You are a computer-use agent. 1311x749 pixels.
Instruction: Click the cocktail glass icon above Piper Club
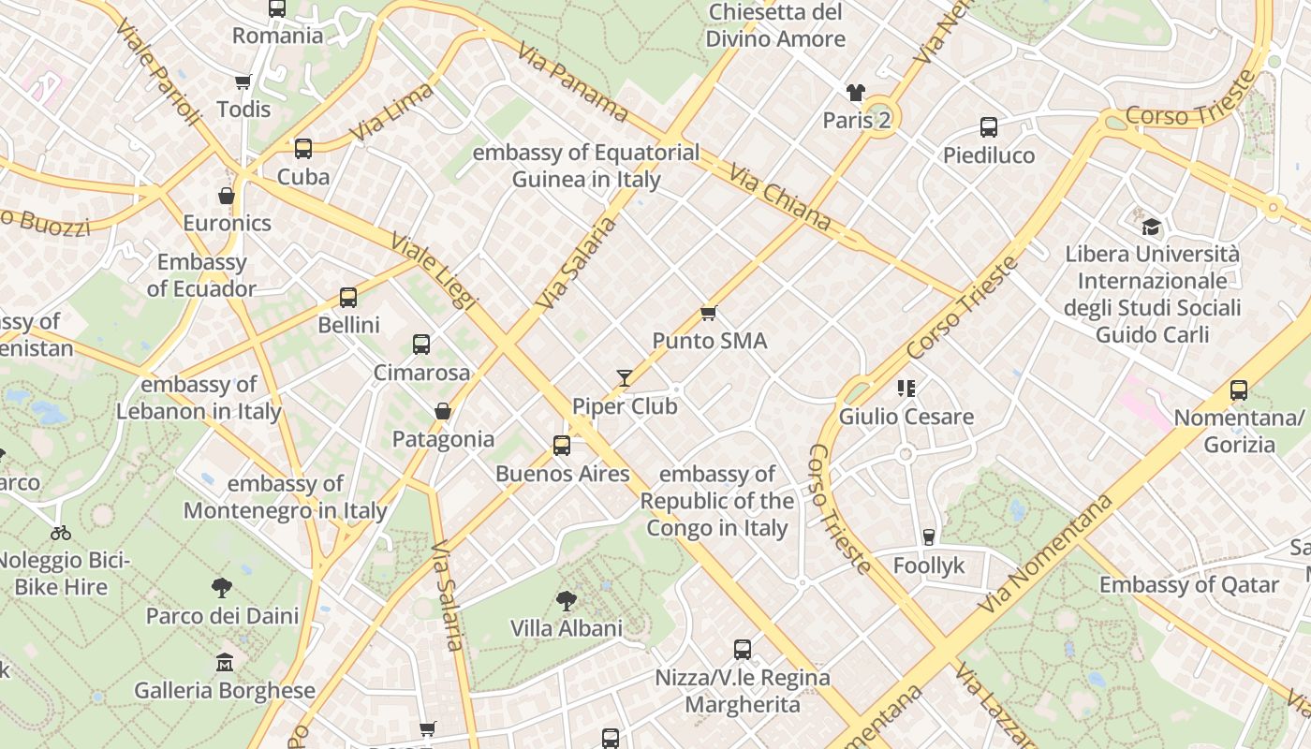tap(625, 378)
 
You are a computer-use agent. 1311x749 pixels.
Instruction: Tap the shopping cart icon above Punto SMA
tap(709, 313)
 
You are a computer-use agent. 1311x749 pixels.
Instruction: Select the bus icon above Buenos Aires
tap(562, 446)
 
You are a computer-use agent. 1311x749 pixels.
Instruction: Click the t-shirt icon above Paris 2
tap(856, 92)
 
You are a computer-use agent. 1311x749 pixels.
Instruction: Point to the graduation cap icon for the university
tap(1151, 227)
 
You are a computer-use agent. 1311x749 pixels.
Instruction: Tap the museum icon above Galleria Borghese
tap(225, 663)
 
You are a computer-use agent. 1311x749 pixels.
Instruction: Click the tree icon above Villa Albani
tap(566, 600)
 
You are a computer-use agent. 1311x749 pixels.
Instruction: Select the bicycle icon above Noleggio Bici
tap(61, 533)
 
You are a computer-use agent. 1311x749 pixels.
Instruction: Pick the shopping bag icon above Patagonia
tap(443, 411)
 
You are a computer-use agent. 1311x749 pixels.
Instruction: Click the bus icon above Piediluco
tap(989, 127)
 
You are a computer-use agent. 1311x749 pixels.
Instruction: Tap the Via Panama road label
tap(572, 81)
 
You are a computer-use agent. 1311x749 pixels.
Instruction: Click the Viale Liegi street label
tap(435, 272)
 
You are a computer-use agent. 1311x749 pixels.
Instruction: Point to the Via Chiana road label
tap(780, 198)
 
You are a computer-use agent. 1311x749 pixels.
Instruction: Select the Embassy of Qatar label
tap(1188, 585)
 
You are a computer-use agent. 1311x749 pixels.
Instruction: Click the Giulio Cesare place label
tap(906, 417)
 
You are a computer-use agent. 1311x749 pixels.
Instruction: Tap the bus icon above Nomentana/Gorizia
tap(1239, 390)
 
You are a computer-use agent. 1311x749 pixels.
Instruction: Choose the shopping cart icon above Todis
tap(243, 82)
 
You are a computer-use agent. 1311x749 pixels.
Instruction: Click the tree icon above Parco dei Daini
tap(222, 588)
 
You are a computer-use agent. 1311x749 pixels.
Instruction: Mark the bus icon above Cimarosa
tap(421, 345)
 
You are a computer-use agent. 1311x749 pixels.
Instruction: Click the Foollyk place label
tap(928, 565)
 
